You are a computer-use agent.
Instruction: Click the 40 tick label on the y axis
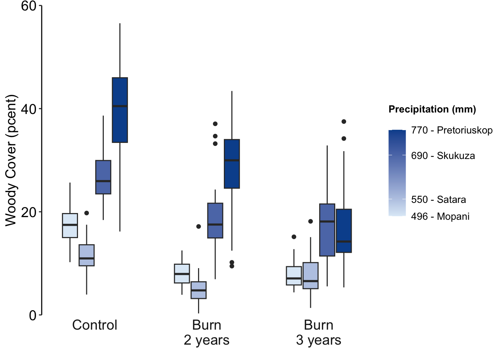tap(28, 109)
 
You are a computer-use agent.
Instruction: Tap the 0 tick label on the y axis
tap(33, 315)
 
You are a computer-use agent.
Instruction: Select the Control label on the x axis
tap(94, 325)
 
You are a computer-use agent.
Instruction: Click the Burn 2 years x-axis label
tap(207, 333)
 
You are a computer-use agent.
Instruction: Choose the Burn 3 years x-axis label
tap(318, 333)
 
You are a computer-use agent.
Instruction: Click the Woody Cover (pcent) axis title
tap(11, 160)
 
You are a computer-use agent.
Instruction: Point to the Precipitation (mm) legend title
tap(432, 109)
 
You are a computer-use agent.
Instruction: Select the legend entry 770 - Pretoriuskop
tap(451, 130)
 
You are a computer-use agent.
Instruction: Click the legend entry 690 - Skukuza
tap(443, 156)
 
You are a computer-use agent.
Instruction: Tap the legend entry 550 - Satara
tap(438, 199)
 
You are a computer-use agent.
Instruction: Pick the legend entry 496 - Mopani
tap(440, 217)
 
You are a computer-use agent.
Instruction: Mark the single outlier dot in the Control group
tap(87, 213)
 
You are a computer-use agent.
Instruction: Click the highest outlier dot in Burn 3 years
tap(344, 121)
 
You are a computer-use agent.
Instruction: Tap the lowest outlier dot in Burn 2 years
tap(232, 266)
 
